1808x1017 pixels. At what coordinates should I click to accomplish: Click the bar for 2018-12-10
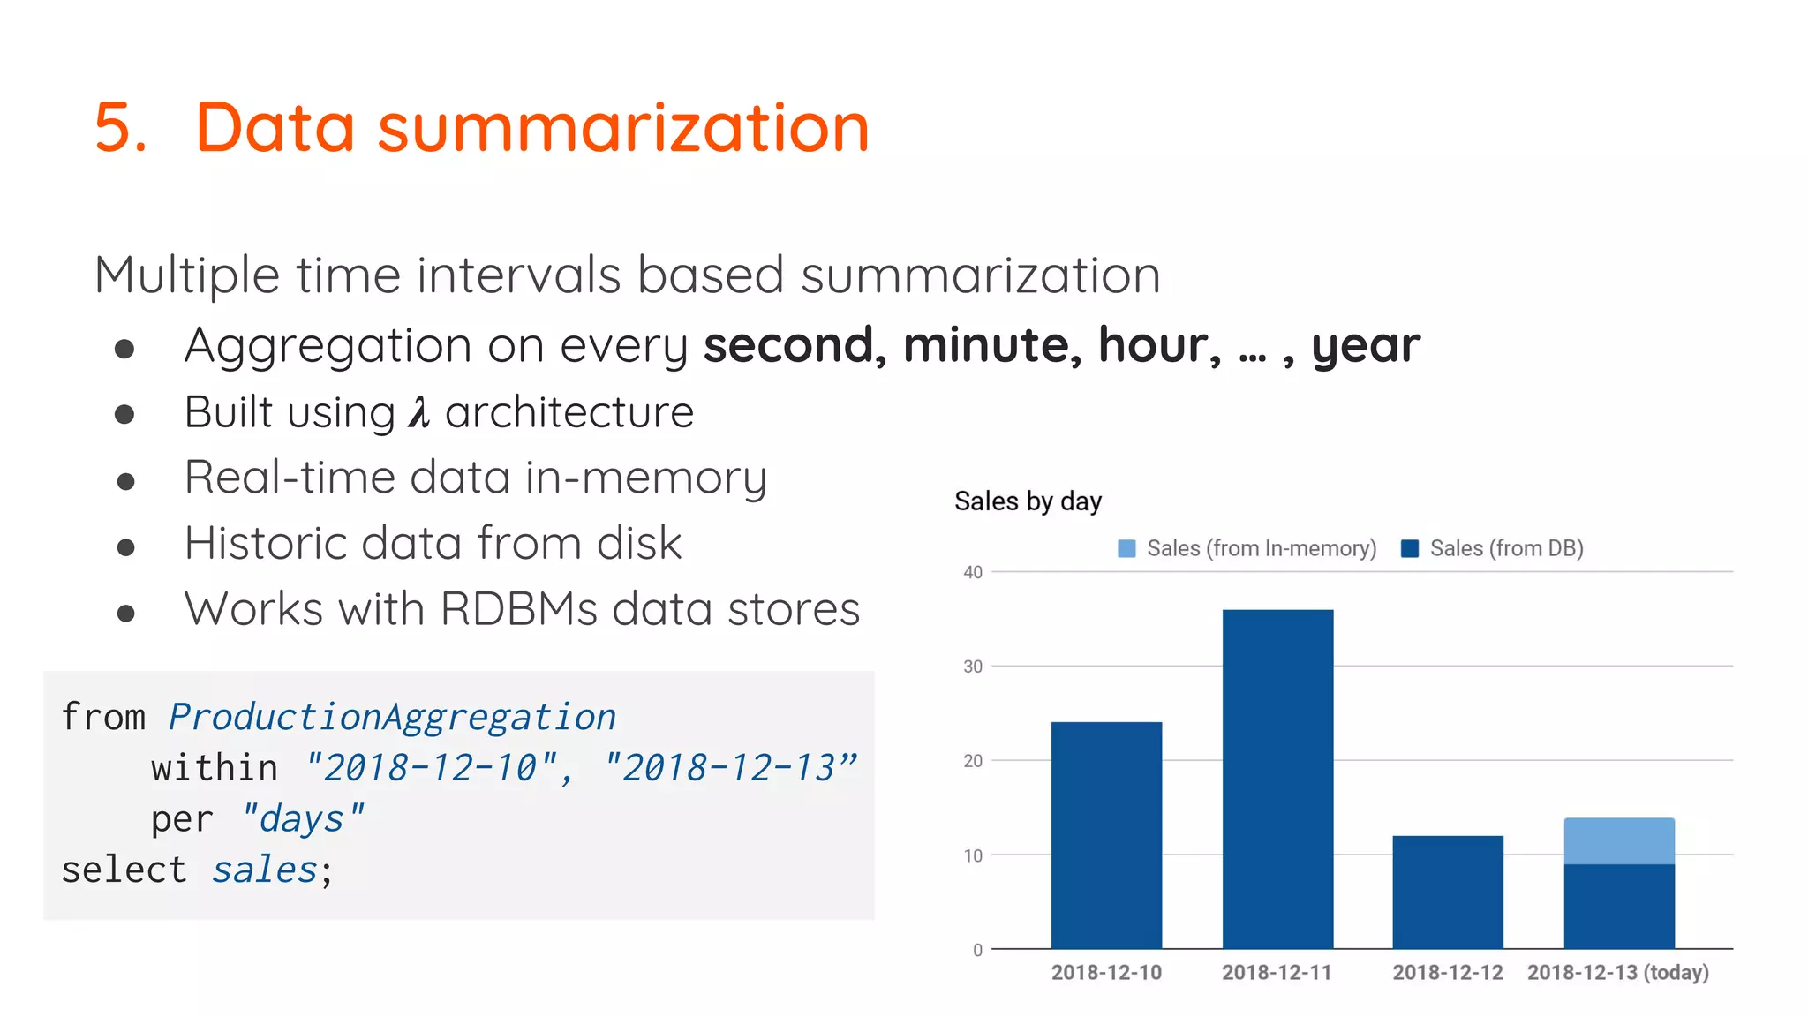tap(1106, 834)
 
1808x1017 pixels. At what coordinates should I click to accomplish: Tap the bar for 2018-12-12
tap(1448, 892)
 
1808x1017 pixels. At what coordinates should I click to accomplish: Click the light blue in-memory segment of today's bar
tap(1619, 840)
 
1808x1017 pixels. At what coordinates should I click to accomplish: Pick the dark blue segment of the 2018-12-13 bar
tap(1619, 906)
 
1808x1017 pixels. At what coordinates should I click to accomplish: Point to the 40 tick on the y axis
tap(973, 572)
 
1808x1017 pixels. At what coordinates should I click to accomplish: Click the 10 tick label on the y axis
tap(973, 855)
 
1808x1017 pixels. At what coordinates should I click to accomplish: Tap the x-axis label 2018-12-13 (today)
tap(1617, 972)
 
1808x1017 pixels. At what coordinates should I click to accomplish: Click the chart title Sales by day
tap(1028, 501)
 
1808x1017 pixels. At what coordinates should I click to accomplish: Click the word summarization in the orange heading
tap(623, 128)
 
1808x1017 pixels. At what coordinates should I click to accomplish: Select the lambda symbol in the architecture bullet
tap(418, 412)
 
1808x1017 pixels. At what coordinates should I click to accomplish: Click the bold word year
tap(1366, 345)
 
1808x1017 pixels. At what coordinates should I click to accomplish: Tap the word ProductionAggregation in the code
tap(392, 717)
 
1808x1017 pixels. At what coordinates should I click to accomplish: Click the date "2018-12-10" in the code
tap(432, 768)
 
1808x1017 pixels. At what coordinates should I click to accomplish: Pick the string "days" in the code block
tap(302, 819)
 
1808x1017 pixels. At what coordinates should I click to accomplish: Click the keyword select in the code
tap(124, 870)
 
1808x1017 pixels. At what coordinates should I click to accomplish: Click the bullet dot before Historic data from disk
tap(125, 548)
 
